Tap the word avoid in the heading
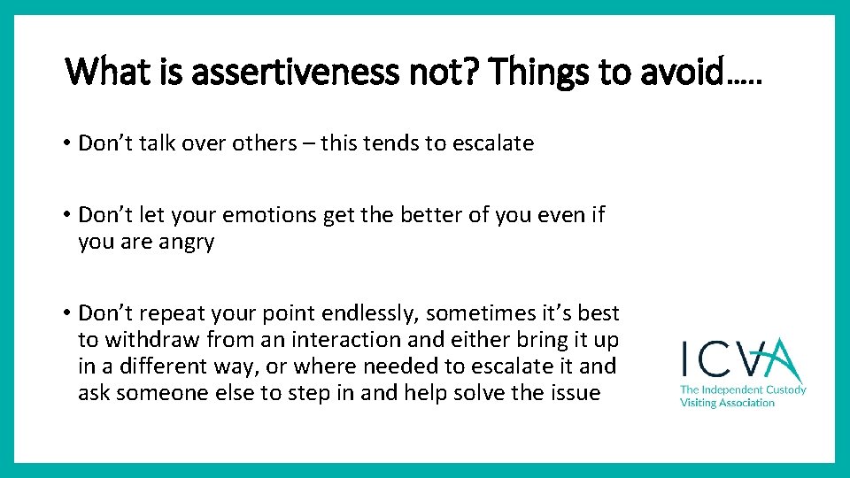tap(691, 71)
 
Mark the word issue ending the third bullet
tap(573, 393)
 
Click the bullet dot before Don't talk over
tap(68, 144)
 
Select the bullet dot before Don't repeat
tap(68, 314)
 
